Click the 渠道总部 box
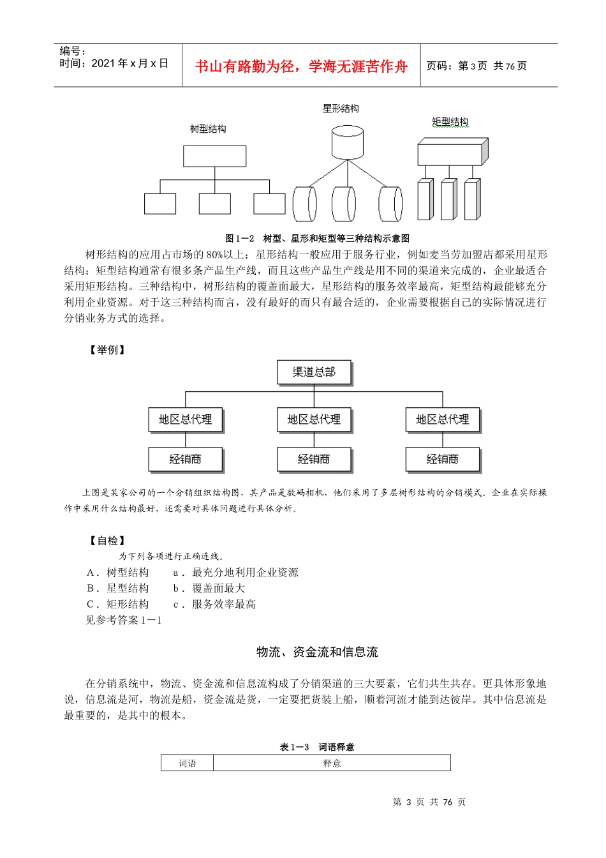click(314, 372)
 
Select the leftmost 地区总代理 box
click(186, 419)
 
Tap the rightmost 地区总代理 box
click(443, 419)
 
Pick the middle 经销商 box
click(314, 459)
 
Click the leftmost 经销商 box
click(186, 459)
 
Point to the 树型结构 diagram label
click(208, 129)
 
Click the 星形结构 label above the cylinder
click(341, 109)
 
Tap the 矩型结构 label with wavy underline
click(450, 122)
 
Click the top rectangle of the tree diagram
click(214, 156)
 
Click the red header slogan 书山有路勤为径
click(301, 66)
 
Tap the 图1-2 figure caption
click(317, 238)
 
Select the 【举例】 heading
click(107, 350)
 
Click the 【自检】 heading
click(107, 541)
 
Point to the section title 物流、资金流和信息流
click(317, 652)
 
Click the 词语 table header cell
click(188, 763)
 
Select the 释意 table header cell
click(332, 763)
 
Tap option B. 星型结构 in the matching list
click(118, 588)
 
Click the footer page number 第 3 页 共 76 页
click(429, 802)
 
